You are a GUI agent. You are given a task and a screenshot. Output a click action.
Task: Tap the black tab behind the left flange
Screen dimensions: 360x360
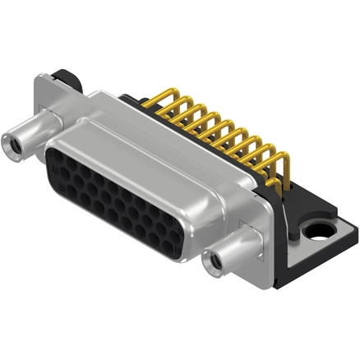click(x=71, y=80)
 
